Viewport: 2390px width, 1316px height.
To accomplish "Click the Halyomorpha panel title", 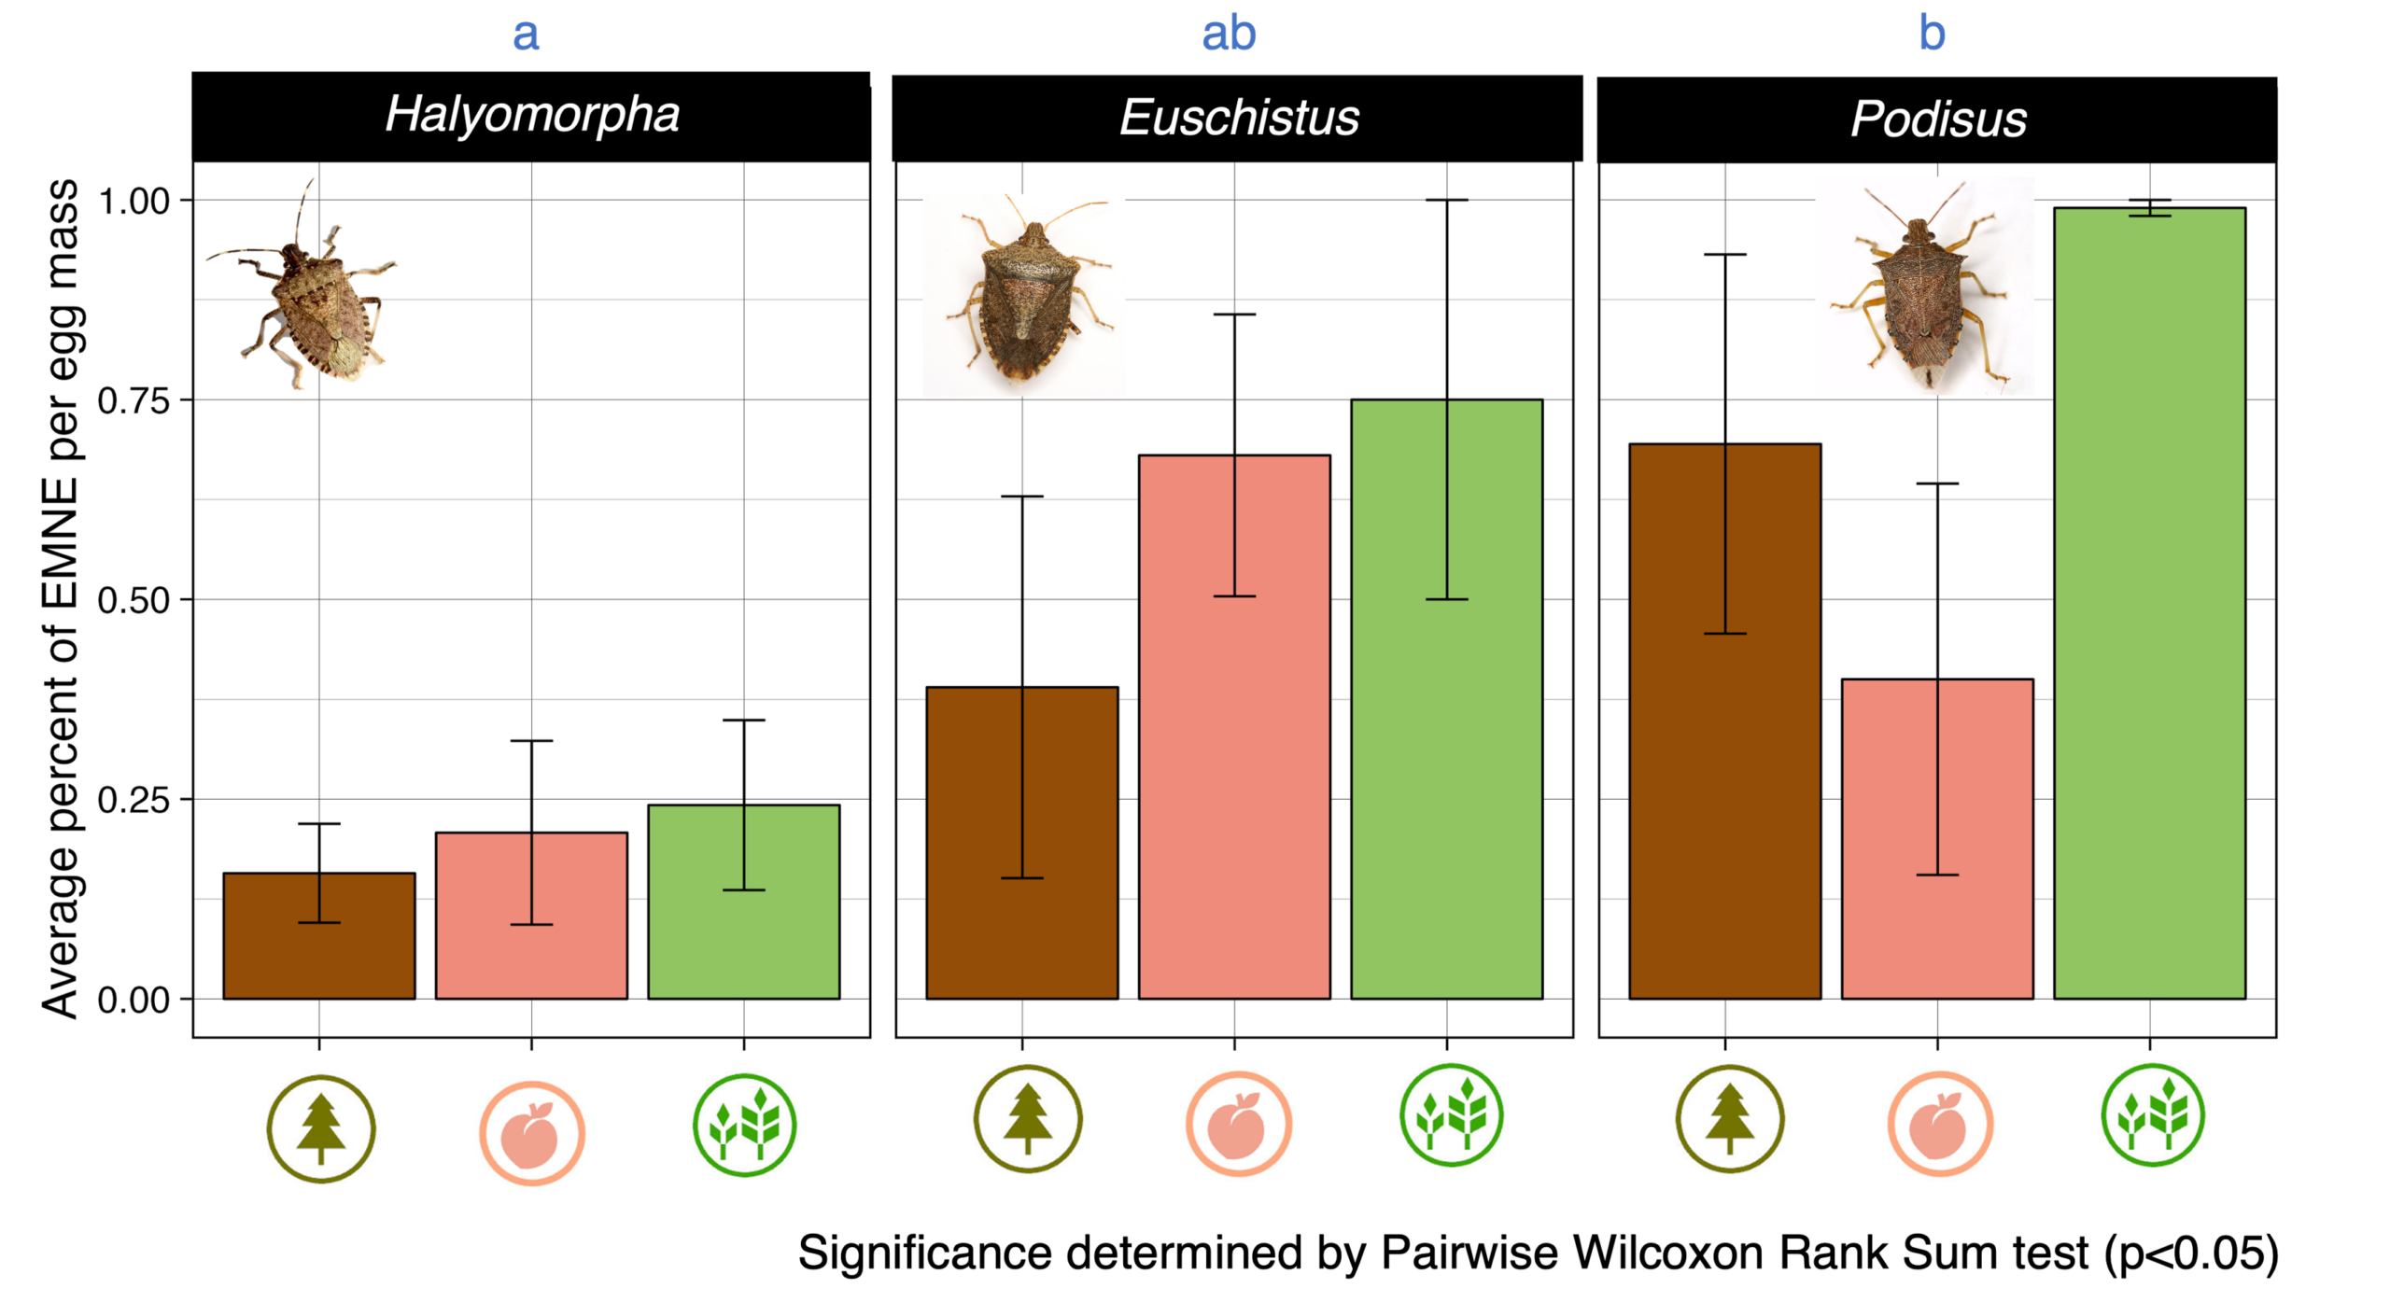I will point(532,115).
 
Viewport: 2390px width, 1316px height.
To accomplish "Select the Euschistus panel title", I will point(1239,118).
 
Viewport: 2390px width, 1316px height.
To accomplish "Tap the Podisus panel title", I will point(1938,119).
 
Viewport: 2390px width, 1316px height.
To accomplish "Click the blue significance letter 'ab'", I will point(1229,34).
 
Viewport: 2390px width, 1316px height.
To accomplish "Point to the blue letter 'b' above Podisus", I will point(1932,34).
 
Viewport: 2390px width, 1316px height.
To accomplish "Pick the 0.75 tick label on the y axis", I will point(133,401).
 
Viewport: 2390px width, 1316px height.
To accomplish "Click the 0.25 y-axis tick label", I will point(133,801).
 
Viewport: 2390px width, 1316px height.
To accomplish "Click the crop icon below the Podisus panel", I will point(2152,1115).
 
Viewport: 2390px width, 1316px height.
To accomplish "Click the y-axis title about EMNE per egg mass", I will point(60,597).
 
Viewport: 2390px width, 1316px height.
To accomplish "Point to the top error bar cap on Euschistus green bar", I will point(1447,200).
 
